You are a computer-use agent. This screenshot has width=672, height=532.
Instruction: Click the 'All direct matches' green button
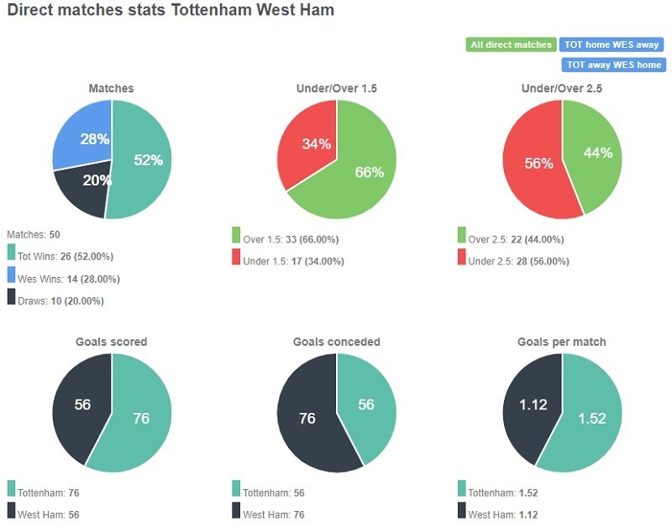coord(510,44)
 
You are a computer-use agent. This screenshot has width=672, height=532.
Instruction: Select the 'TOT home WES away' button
coord(611,44)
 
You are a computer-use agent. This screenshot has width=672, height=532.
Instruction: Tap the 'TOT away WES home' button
coord(613,65)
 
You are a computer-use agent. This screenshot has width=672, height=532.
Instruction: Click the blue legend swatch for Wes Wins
coord(11,275)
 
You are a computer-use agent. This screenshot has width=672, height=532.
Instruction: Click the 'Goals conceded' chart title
coord(336,342)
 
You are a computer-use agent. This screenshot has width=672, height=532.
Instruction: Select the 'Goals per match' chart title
coord(562,342)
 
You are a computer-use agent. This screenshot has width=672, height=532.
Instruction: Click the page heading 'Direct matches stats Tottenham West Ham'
coord(171,11)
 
